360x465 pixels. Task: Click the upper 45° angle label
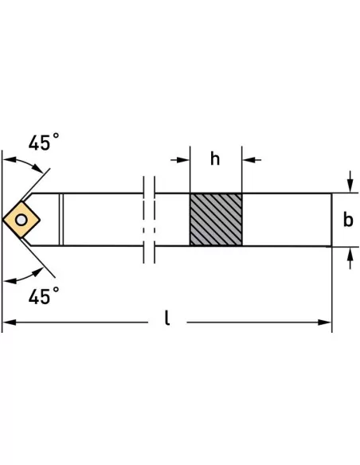pos(44,142)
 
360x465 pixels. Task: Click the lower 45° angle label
pos(44,295)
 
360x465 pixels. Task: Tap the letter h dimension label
pos(215,158)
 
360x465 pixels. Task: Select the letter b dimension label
pos(348,220)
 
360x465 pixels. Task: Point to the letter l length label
pos(167,318)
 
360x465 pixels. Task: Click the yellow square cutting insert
pos(21,220)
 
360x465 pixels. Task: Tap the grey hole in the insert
pos(21,220)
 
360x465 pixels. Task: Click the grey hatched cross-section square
pos(216,220)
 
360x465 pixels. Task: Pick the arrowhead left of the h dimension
pos(183,160)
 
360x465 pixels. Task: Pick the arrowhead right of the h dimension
pos(248,160)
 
